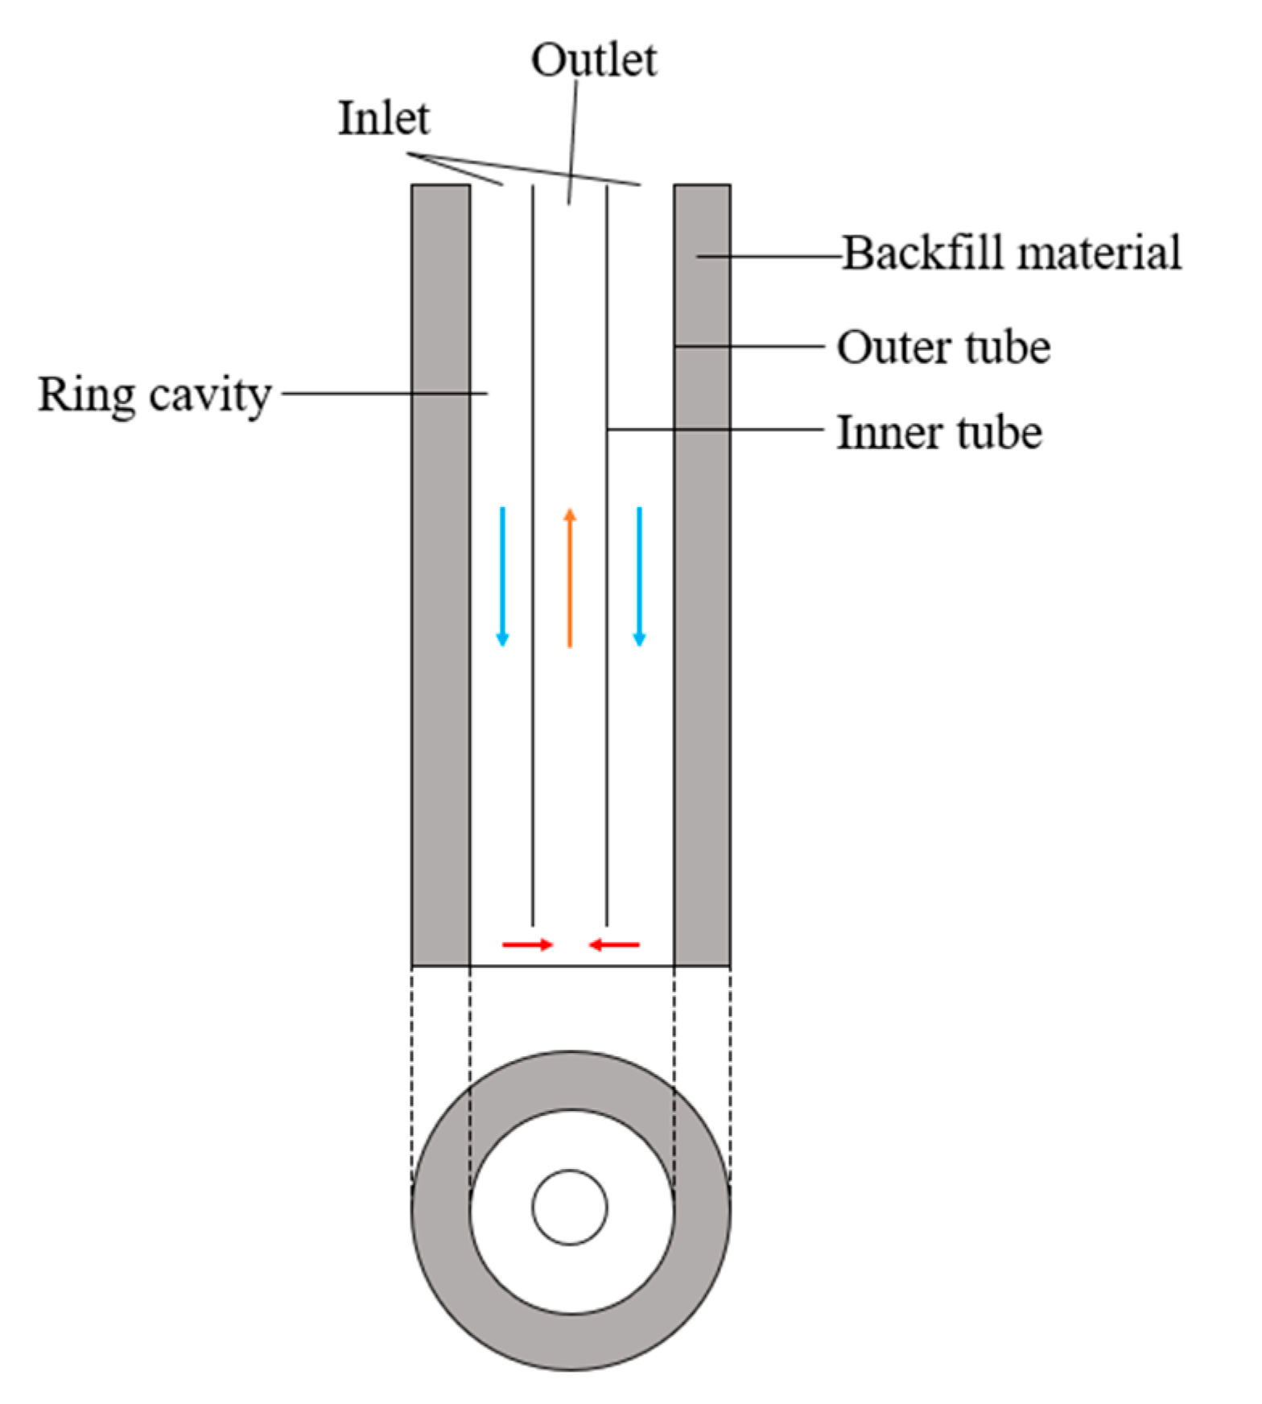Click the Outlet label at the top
point(594,60)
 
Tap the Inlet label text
point(383,119)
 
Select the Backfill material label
point(1012,253)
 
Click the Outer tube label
point(943,348)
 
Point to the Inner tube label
point(939,432)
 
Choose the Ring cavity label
point(155,395)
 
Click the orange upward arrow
point(570,578)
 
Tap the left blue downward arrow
point(502,576)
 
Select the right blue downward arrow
point(639,576)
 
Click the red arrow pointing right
point(527,944)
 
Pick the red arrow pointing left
point(614,944)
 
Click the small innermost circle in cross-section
point(570,1207)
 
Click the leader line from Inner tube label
point(716,430)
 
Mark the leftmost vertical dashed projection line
point(412,1071)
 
